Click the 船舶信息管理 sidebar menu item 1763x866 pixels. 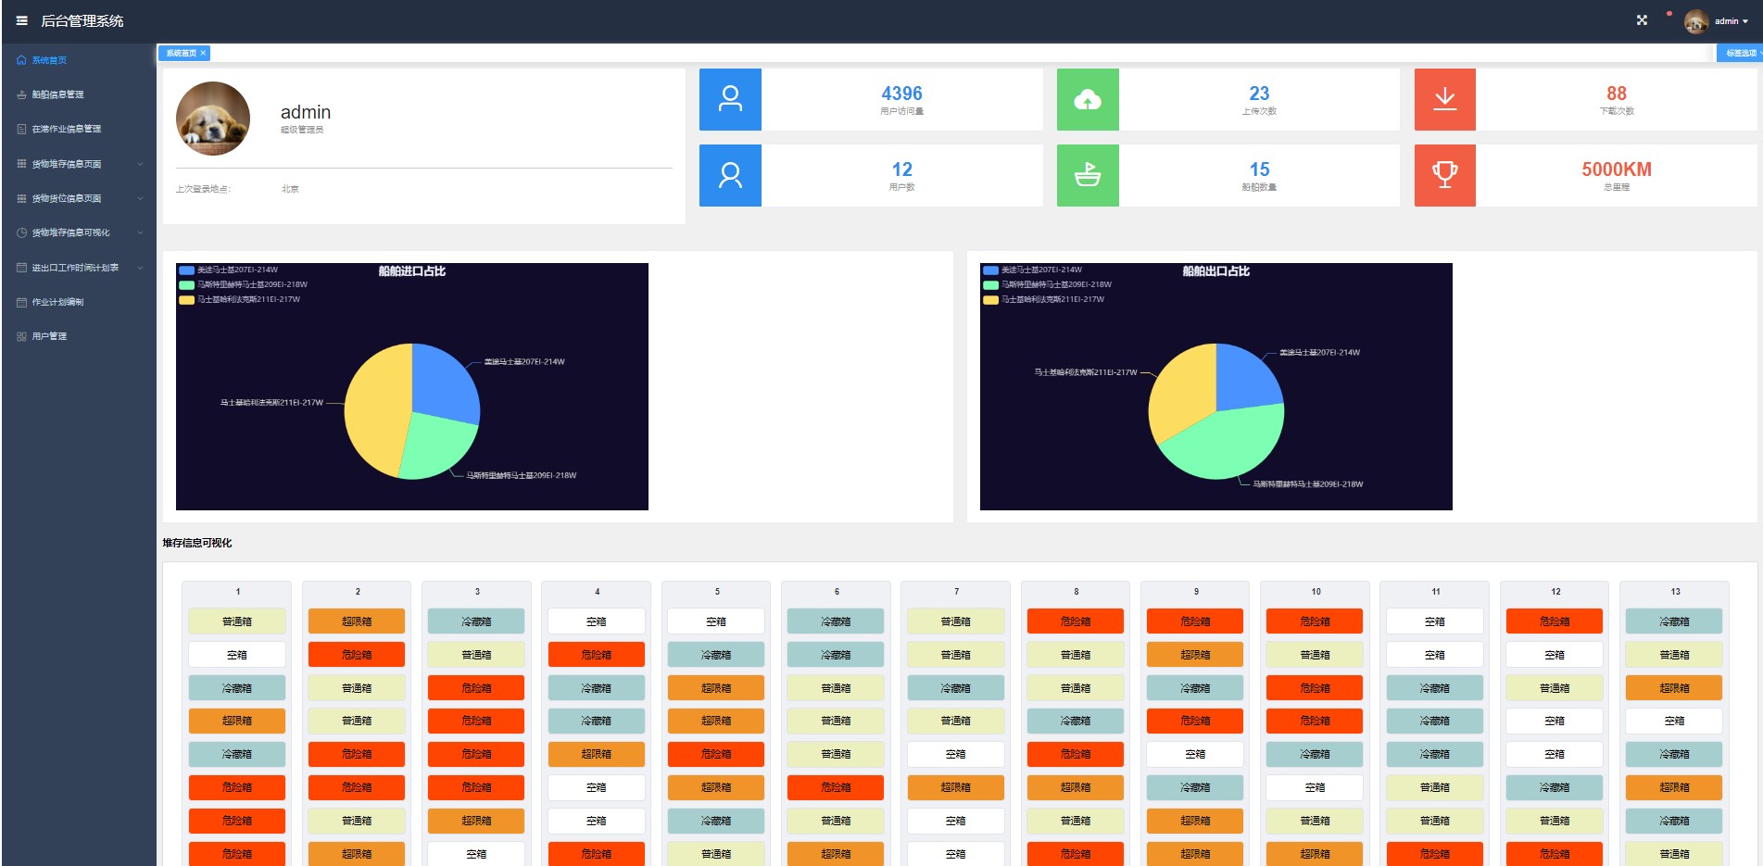click(x=57, y=94)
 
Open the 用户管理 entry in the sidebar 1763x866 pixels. click(x=49, y=336)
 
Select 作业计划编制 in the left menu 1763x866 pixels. click(x=57, y=302)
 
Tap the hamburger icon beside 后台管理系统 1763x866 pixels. click(x=21, y=20)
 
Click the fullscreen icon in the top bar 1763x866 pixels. click(x=1642, y=20)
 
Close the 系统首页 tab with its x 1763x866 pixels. click(x=204, y=53)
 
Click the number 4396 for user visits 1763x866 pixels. click(x=901, y=94)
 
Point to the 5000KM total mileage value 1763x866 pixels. click(x=1616, y=169)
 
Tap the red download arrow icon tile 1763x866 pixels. click(x=1444, y=99)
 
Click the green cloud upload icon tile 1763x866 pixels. click(x=1088, y=99)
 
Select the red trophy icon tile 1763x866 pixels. click(x=1444, y=175)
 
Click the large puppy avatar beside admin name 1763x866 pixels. click(x=213, y=119)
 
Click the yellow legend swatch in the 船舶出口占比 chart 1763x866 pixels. click(x=990, y=299)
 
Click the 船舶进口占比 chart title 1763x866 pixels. click(x=412, y=271)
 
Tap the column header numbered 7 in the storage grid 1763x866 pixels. click(x=956, y=591)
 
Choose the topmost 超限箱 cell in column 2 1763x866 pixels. click(x=357, y=621)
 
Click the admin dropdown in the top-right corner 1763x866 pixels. click(x=1730, y=20)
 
